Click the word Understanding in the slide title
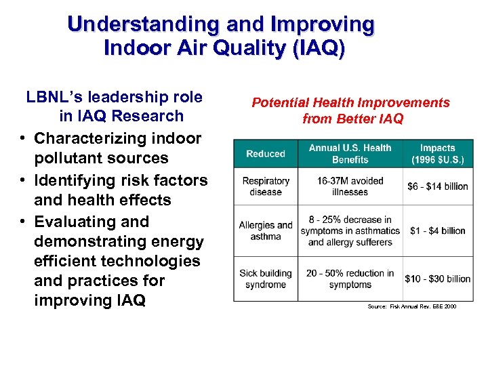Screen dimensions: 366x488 [144, 25]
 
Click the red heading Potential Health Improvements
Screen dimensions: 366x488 [350, 103]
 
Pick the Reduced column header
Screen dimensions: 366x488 [266, 154]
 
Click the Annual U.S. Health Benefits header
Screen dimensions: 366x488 [350, 154]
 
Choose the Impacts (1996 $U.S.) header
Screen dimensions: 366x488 [437, 154]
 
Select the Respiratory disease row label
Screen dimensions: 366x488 [266, 186]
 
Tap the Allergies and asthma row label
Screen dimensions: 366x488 [266, 230]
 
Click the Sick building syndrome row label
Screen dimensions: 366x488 [266, 279]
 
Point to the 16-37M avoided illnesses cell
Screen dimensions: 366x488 [350, 186]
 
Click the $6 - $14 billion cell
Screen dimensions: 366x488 [437, 186]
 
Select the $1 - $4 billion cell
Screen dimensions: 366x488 [437, 230]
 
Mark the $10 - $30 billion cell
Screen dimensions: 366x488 [437, 279]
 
